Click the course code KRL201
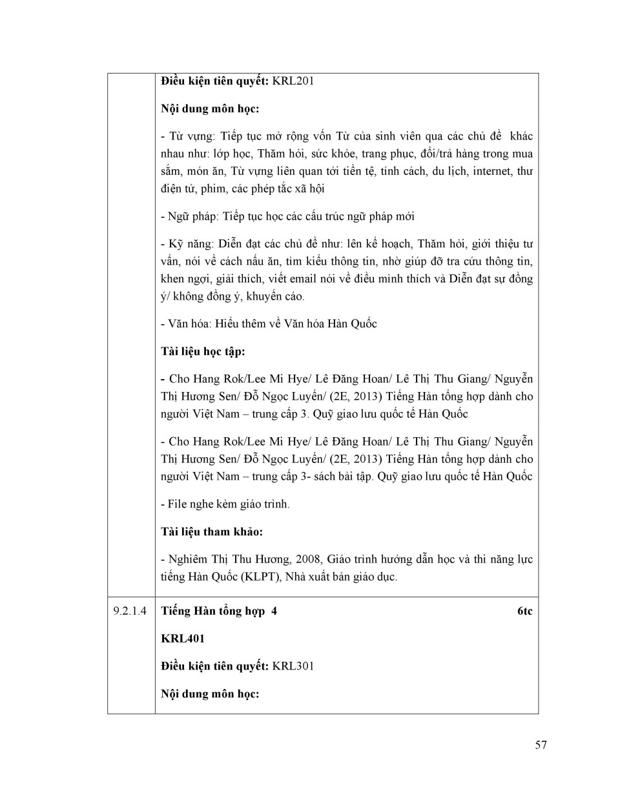293,81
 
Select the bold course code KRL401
183,639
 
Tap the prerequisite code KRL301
293,666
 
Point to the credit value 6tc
524,611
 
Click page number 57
541,745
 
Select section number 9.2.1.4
130,611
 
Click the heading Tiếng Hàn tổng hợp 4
219,611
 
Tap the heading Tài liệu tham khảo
212,532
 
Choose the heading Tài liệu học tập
203,352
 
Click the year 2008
306,559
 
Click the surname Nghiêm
187,559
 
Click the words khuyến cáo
276,296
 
